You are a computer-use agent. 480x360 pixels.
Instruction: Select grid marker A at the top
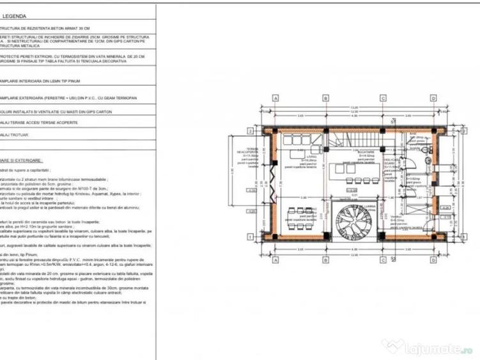pyautogui.click(x=275, y=98)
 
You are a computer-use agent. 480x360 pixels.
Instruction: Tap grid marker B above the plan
pyautogui.click(x=325, y=98)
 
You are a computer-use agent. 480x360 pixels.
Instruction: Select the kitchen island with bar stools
pyautogui.click(x=353, y=173)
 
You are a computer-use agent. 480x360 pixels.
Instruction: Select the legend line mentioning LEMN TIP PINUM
pyautogui.click(x=32, y=81)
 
